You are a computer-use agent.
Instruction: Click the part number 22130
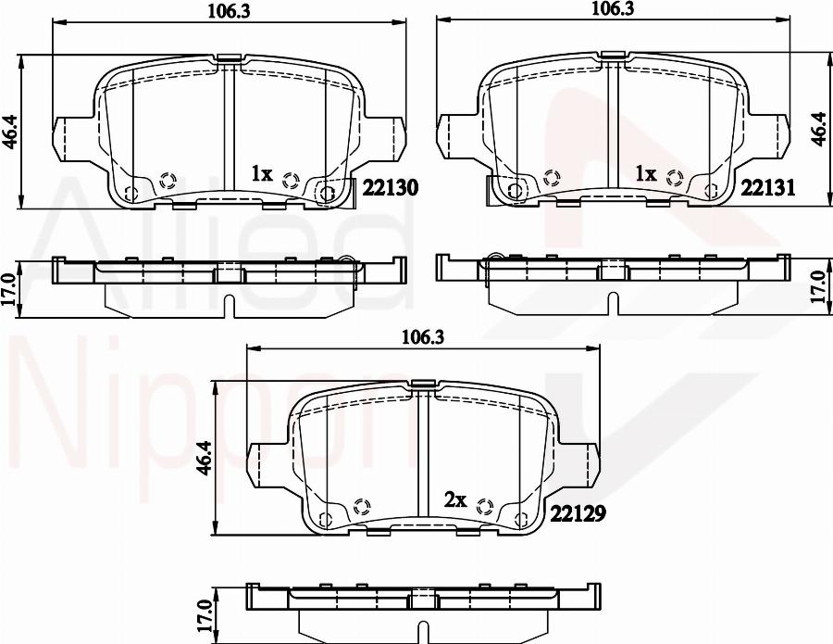tap(391, 188)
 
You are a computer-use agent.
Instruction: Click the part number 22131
tap(769, 188)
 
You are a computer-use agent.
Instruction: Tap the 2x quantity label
tap(454, 499)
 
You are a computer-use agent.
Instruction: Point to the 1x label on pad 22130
tap(262, 173)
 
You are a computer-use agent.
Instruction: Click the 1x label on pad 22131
tap(645, 173)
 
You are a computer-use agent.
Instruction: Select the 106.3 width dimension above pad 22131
tap(612, 10)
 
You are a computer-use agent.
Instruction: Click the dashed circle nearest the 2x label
tap(483, 505)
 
